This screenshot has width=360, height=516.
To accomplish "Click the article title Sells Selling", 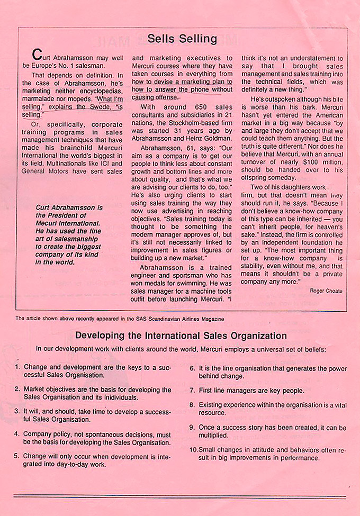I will pyautogui.click(x=182, y=39).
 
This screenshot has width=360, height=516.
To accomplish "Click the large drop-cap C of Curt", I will pyautogui.click(x=36, y=55).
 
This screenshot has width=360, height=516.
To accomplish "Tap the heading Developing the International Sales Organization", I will pyautogui.click(x=181, y=336).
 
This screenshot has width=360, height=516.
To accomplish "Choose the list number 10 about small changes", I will pyautogui.click(x=193, y=449).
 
